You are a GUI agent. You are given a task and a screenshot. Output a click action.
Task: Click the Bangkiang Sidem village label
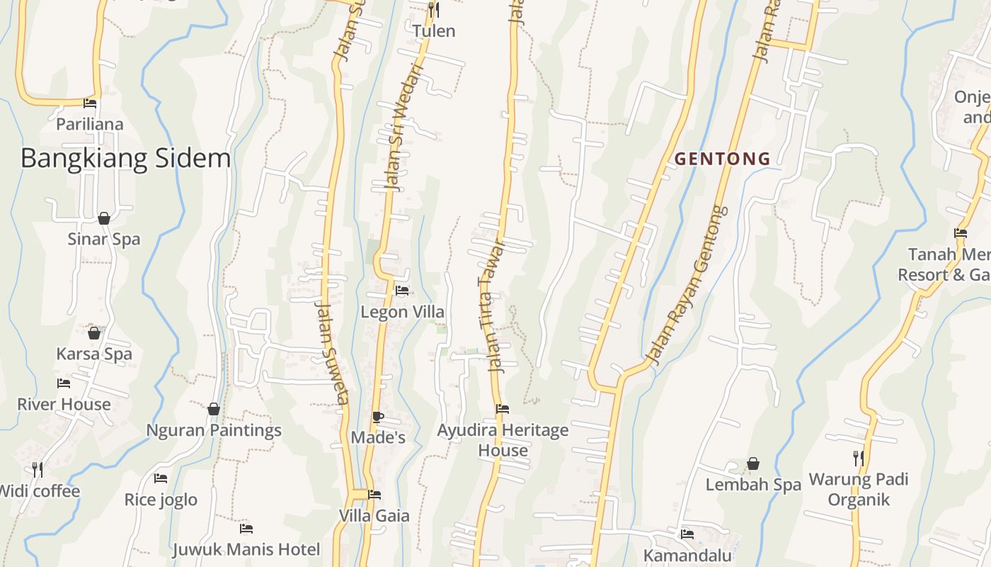tap(125, 158)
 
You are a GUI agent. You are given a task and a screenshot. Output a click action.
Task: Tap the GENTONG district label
tap(722, 159)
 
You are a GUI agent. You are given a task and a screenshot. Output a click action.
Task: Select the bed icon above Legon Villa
tap(402, 291)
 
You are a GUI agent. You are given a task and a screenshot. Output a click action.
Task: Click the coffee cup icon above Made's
tap(377, 417)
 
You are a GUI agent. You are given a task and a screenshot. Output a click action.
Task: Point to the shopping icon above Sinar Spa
tap(104, 218)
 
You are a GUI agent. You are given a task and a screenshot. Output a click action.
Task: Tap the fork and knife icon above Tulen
tap(434, 10)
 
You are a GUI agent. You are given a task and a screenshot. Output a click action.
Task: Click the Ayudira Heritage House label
tap(503, 440)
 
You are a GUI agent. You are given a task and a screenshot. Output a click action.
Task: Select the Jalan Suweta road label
tap(331, 353)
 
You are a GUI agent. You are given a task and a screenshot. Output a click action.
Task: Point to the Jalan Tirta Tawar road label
tap(490, 306)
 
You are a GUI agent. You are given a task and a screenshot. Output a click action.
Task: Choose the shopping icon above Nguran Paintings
tap(214, 409)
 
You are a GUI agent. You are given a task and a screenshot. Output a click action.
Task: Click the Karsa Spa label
tap(94, 354)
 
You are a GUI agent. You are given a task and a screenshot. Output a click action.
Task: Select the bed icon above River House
tap(64, 384)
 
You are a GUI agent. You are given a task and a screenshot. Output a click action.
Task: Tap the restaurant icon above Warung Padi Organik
tap(858, 459)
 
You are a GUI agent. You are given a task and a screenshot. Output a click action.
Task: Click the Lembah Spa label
tap(753, 485)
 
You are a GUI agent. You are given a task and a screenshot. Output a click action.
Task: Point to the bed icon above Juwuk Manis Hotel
tap(246, 528)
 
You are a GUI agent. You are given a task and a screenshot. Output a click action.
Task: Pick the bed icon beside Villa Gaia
tap(374, 495)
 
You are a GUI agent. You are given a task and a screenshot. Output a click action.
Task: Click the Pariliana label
tap(89, 124)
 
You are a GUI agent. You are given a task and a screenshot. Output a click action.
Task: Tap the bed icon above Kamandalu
tap(687, 534)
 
